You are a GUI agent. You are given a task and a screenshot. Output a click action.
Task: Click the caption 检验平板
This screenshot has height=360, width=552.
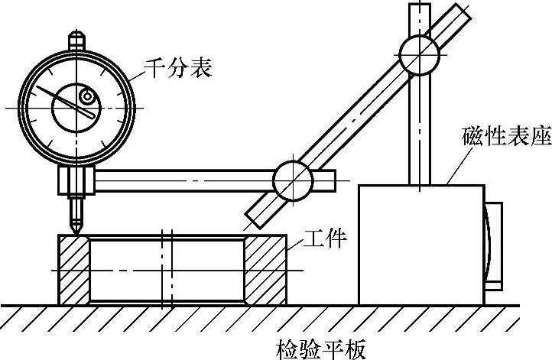pyautogui.click(x=320, y=349)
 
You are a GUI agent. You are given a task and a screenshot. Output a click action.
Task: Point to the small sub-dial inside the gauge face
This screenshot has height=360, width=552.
pyautogui.click(x=87, y=97)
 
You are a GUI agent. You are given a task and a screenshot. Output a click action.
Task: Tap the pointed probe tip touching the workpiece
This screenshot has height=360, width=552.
pyautogui.click(x=75, y=229)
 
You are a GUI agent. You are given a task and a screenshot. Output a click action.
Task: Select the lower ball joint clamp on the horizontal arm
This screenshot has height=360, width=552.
pyautogui.click(x=292, y=180)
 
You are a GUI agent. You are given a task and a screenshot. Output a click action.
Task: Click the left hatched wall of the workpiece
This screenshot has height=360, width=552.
pyautogui.click(x=74, y=269)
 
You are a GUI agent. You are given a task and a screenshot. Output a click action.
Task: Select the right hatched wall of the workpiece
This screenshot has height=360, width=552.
pyautogui.click(x=265, y=269)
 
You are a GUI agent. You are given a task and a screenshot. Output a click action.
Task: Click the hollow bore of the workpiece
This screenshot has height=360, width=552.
pyautogui.click(x=168, y=269)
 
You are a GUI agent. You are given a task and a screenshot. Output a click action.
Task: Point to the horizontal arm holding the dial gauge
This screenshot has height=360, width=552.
pyautogui.click(x=183, y=181)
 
